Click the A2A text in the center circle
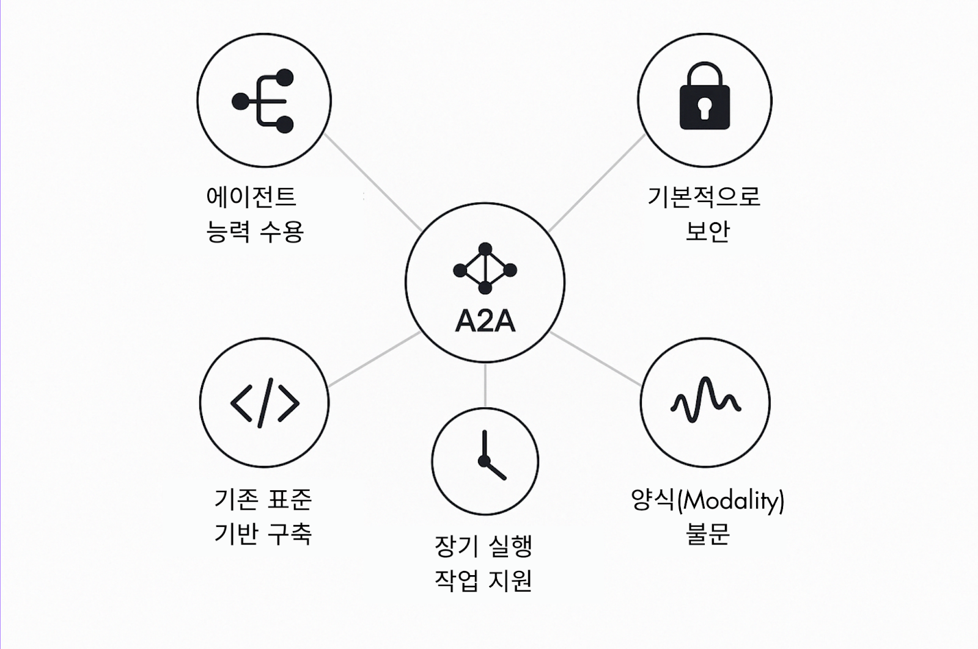click(485, 321)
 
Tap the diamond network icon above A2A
click(485, 269)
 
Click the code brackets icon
click(265, 403)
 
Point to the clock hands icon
click(489, 458)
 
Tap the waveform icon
click(705, 401)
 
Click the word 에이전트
click(251, 197)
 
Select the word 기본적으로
click(704, 197)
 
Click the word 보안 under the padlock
click(707, 231)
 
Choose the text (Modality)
click(731, 501)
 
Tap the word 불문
click(707, 534)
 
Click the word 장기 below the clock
click(456, 546)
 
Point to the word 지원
click(509, 581)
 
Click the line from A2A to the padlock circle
click(596, 183)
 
